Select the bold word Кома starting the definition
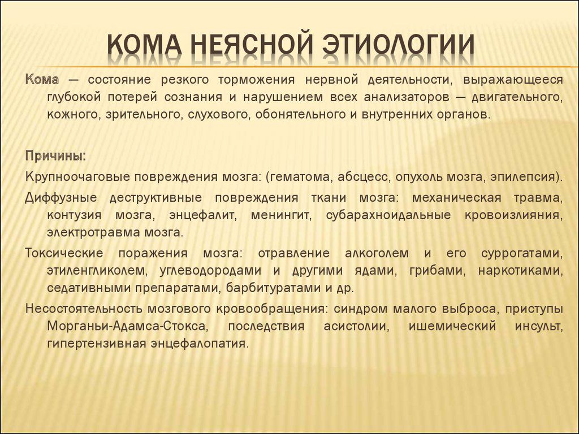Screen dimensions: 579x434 tap(42, 79)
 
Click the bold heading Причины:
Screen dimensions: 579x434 tap(56, 156)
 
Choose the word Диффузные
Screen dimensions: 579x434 tap(61, 198)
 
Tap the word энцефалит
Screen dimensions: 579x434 tap(202, 215)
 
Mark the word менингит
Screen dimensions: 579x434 tap(282, 215)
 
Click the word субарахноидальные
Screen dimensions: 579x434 tap(388, 215)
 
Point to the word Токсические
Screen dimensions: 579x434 tap(64, 254)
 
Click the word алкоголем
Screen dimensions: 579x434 tap(377, 254)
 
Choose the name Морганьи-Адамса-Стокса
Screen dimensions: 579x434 tap(126, 327)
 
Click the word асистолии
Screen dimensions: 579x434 tap(357, 327)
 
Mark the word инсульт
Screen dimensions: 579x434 tap(539, 327)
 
